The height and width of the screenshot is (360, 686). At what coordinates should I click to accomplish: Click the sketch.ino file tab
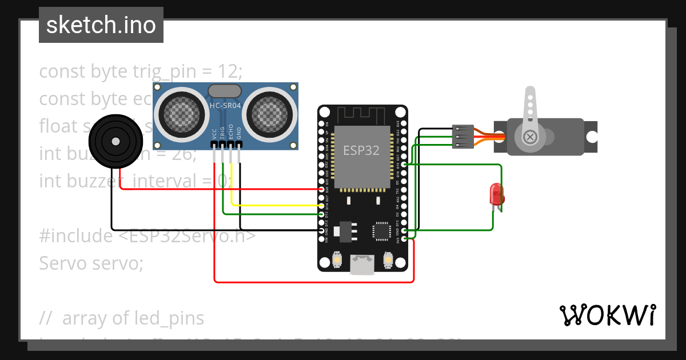101,25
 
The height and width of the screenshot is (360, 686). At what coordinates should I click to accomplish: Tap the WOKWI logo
607,315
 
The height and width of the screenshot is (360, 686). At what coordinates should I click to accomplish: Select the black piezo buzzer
115,140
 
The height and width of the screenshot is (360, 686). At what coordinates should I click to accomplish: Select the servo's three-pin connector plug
462,137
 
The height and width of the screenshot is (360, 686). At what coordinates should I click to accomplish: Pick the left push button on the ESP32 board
337,260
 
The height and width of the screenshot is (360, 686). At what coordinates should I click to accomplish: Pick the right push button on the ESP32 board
388,260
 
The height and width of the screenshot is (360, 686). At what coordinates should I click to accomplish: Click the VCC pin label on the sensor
214,134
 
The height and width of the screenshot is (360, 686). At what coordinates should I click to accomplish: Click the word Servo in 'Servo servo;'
61,263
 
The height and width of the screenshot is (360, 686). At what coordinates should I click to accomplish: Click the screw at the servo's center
531,137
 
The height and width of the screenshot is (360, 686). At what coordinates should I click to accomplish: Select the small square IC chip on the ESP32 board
381,230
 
